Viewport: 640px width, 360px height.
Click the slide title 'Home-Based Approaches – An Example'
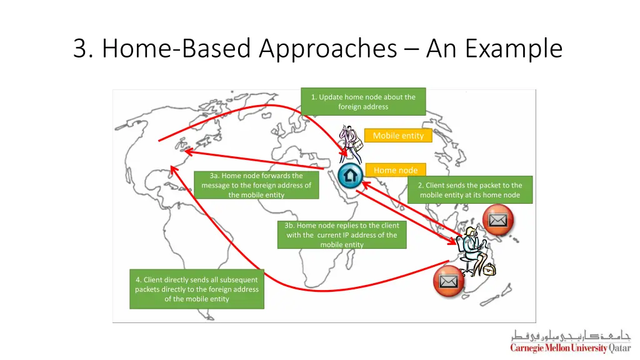[x=317, y=49]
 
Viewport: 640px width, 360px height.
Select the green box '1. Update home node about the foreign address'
[x=363, y=102]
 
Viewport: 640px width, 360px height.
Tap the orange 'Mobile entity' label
[x=397, y=136]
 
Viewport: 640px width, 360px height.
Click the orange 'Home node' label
[x=395, y=170]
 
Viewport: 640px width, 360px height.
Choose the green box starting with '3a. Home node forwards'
[x=256, y=185]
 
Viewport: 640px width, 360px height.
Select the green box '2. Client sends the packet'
[x=470, y=190]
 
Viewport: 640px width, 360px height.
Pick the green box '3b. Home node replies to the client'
[x=341, y=235]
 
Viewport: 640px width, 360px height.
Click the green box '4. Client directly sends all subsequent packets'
[x=197, y=289]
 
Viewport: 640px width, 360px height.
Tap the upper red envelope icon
[x=498, y=220]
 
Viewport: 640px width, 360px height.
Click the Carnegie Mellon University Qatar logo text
[x=570, y=348]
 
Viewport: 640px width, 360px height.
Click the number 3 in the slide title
[x=79, y=49]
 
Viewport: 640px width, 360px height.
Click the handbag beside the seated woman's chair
[x=489, y=269]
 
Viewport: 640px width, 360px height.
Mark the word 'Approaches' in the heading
[x=327, y=49]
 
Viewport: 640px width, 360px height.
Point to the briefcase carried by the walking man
[x=358, y=146]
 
